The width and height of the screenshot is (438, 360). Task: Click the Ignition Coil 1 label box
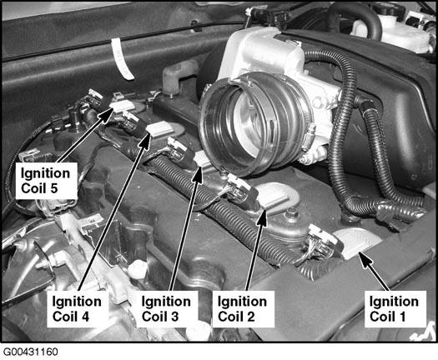[x=395, y=309]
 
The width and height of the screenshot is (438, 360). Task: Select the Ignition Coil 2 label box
[x=244, y=309]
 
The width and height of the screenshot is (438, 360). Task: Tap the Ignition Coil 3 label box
[x=167, y=309]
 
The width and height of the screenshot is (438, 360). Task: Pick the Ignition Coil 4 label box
[x=78, y=309]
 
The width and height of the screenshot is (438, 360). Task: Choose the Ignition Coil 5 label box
[x=47, y=181]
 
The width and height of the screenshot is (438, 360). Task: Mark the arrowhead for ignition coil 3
[x=198, y=173]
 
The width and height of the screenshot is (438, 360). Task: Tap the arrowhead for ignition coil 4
[x=145, y=141]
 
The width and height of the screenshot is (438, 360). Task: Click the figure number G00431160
[x=31, y=352]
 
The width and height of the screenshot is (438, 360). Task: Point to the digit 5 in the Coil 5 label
[x=53, y=188]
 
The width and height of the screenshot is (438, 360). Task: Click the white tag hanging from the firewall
[x=122, y=58]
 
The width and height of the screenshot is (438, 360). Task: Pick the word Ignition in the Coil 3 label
[x=166, y=302]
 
